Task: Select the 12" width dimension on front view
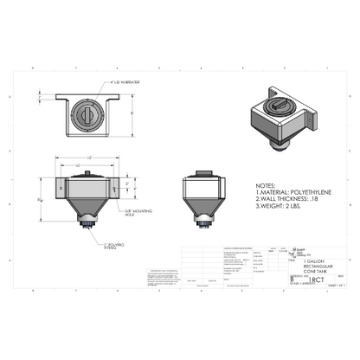(x=88, y=157)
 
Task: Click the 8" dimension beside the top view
(x=132, y=113)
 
